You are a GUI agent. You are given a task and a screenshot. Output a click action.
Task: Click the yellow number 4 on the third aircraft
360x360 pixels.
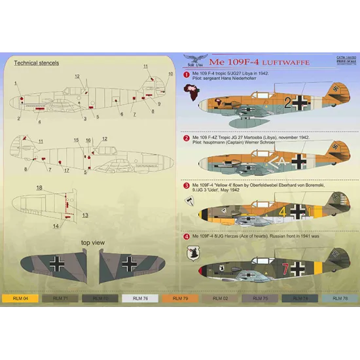click(x=283, y=211)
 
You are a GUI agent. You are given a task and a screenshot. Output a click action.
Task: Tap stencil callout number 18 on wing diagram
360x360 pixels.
click(x=39, y=187)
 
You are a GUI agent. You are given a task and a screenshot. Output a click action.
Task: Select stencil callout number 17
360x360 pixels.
click(x=66, y=170)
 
